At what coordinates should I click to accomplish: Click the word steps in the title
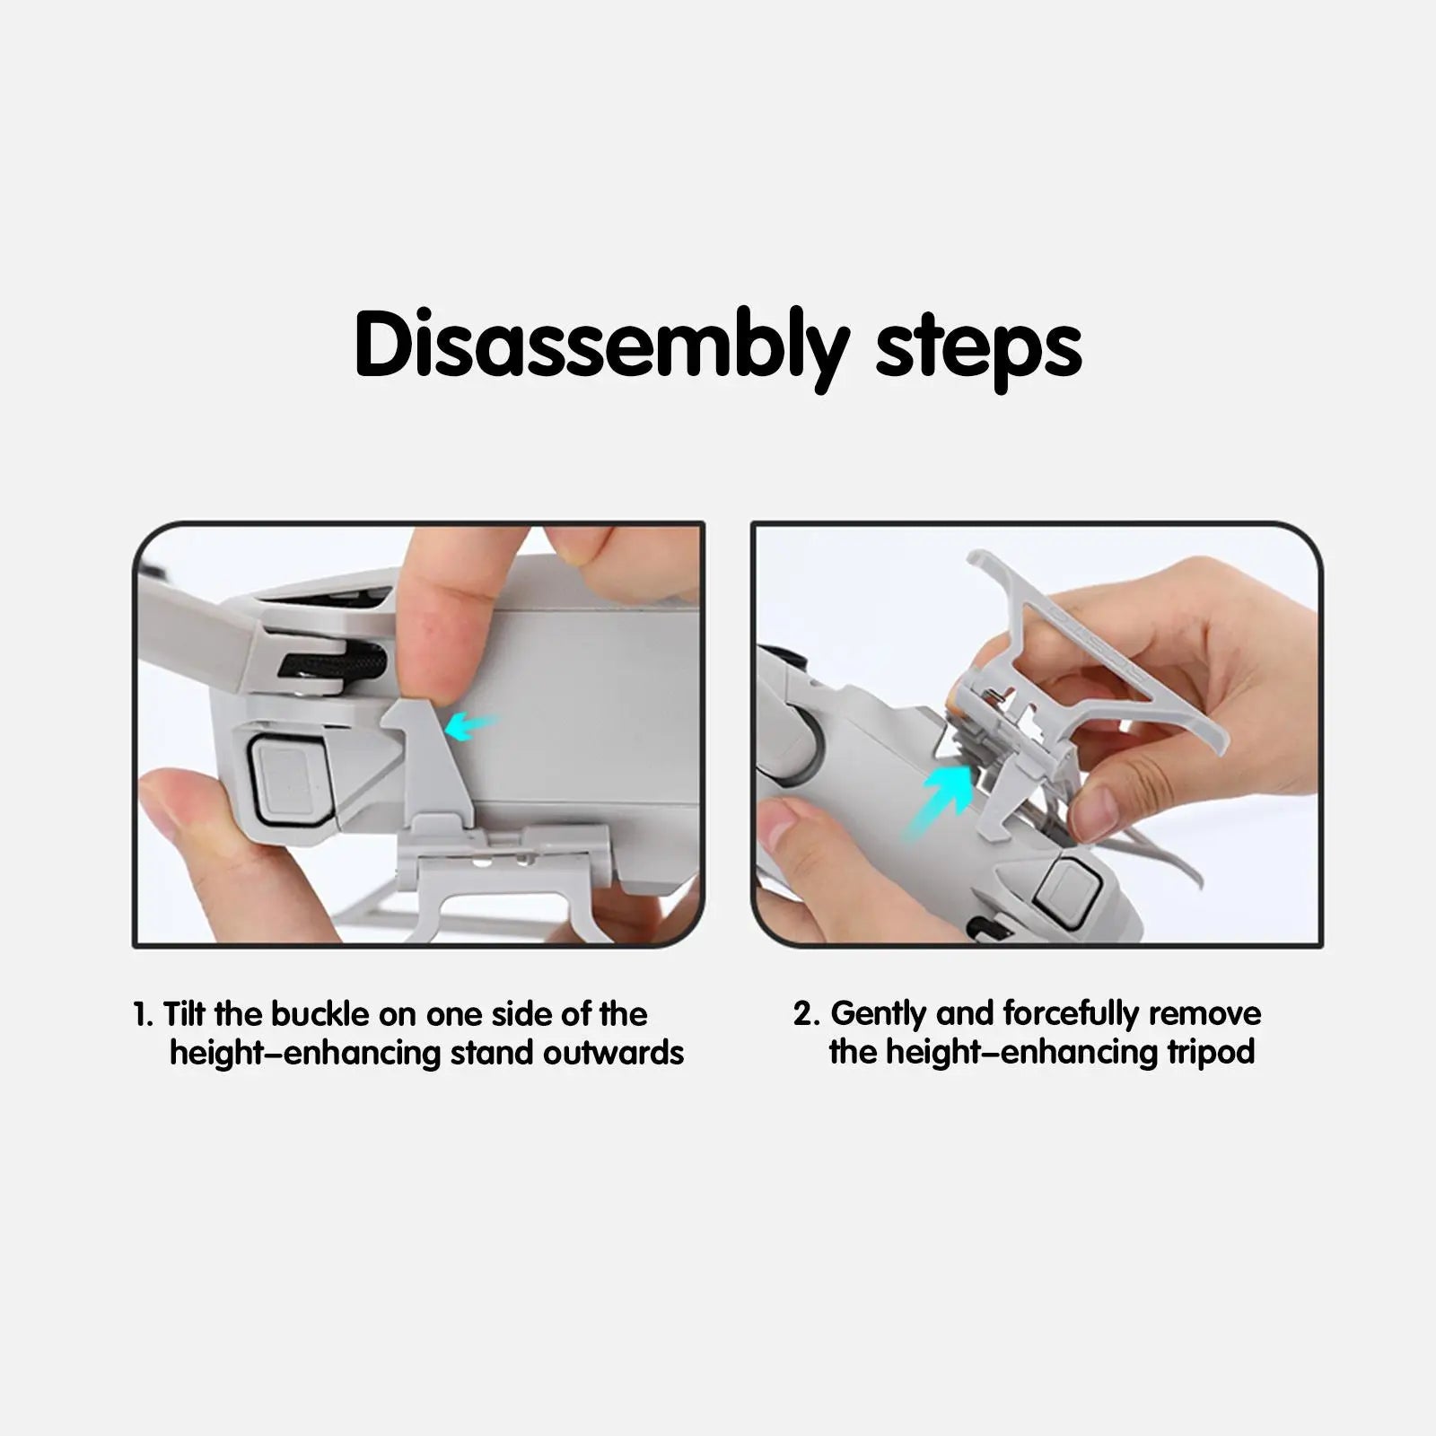978,347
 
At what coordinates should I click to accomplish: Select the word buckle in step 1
320,1015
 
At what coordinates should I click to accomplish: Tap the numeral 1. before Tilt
144,1015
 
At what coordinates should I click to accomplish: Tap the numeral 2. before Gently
807,1014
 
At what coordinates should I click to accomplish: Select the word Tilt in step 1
184,1015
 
